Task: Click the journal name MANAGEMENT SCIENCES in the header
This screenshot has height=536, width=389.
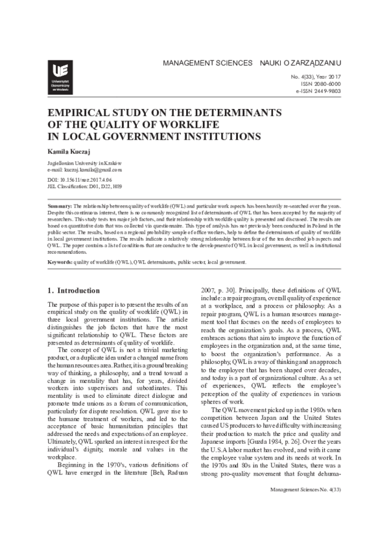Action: (x=207, y=63)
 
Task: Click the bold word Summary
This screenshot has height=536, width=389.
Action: (x=60, y=206)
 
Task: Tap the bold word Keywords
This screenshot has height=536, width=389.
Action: (x=60, y=262)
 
